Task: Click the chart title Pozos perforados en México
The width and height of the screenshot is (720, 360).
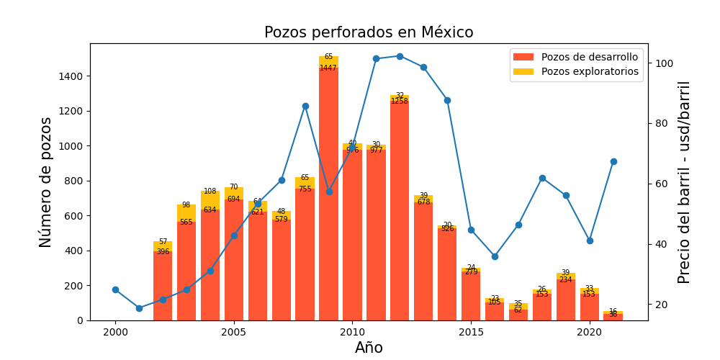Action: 369,32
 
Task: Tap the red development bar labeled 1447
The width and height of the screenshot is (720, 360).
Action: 328,194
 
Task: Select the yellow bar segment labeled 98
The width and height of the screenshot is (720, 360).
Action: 186,213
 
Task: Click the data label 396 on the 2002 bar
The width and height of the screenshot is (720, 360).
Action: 163,252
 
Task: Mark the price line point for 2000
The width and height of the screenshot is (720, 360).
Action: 115,289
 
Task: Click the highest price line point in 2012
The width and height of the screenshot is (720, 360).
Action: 400,56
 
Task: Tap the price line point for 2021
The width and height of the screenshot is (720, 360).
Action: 613,161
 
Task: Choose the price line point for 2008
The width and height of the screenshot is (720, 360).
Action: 305,106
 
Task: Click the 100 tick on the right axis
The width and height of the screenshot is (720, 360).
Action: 663,63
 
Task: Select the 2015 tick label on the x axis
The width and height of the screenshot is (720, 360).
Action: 471,332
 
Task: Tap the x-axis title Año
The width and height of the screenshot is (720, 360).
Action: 369,348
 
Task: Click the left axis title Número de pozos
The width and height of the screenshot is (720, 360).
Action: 46,182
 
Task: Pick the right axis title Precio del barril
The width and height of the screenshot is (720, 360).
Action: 684,182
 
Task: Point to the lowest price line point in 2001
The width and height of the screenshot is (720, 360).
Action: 139,308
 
